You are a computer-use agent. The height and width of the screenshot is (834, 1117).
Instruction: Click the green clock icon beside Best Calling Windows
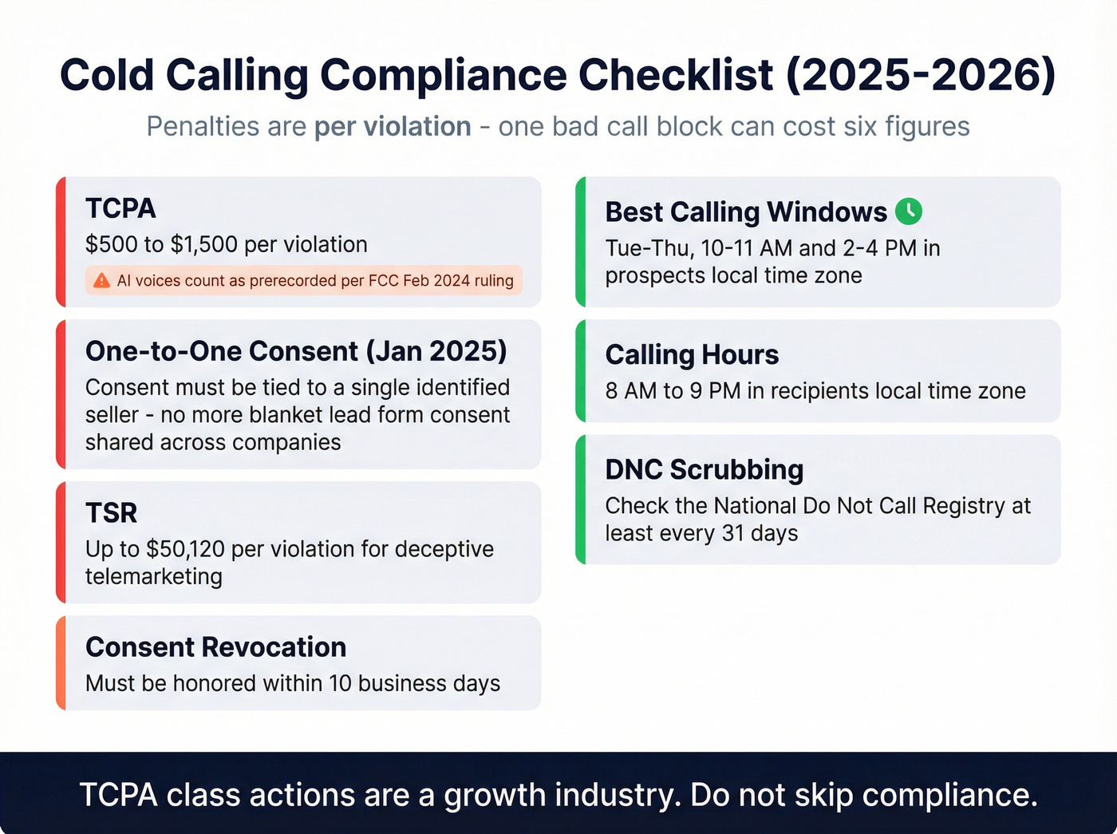click(909, 211)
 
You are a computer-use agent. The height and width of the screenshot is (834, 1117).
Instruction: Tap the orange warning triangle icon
click(101, 280)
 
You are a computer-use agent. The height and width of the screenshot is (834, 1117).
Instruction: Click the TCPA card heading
click(120, 208)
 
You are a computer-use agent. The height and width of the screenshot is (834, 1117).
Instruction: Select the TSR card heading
click(111, 512)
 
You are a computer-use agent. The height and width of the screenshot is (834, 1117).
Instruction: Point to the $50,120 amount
click(186, 549)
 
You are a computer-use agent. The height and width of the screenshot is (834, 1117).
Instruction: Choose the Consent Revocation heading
click(215, 647)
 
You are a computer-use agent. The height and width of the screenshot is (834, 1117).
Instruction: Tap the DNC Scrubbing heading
click(704, 470)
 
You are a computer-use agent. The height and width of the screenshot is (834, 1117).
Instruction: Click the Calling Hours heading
click(692, 354)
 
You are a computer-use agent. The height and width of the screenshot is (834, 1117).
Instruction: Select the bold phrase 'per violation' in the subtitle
click(393, 127)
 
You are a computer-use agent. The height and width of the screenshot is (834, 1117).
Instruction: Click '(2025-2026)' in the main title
click(921, 76)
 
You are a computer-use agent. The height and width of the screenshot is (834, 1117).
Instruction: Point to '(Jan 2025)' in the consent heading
click(436, 351)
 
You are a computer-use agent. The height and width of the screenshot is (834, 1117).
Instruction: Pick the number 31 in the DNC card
click(733, 533)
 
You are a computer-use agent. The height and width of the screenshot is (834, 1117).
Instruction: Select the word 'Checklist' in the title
click(676, 76)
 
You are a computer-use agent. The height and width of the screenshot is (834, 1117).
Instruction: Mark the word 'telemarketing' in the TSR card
click(154, 576)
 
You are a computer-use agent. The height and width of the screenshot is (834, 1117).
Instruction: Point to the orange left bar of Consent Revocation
click(61, 663)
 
